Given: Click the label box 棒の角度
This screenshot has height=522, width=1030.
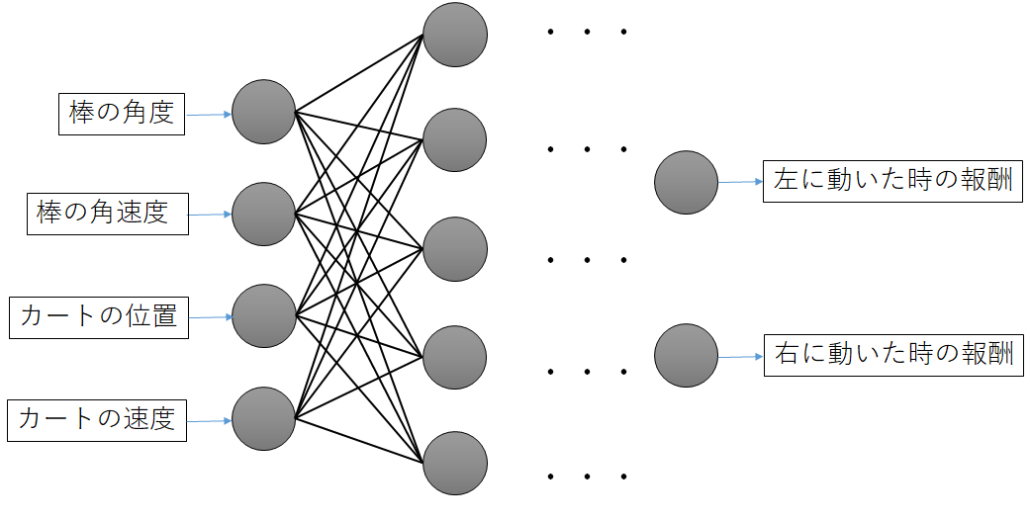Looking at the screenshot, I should pyautogui.click(x=122, y=113).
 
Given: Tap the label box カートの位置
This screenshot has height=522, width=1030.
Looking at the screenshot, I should pyautogui.click(x=98, y=317).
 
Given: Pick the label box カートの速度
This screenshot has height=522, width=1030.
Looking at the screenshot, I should pyautogui.click(x=96, y=419).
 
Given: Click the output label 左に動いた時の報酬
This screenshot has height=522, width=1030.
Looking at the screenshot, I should pyautogui.click(x=892, y=182).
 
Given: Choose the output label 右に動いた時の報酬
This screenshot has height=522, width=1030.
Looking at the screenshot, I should pyautogui.click(x=892, y=353).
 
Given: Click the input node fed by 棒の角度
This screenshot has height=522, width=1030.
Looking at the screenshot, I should pyautogui.click(x=264, y=112).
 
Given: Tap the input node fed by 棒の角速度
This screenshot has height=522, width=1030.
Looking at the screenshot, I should pyautogui.click(x=264, y=214).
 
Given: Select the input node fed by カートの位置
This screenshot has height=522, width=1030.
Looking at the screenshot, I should pyautogui.click(x=264, y=316).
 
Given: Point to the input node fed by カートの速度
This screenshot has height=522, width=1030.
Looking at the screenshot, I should pyautogui.click(x=264, y=419).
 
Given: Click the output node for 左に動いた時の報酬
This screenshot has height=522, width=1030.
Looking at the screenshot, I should pyautogui.click(x=686, y=182).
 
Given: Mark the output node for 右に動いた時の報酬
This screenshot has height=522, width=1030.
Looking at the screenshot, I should pyautogui.click(x=686, y=355).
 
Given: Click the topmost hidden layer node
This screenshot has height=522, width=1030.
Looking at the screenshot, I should pyautogui.click(x=455, y=36).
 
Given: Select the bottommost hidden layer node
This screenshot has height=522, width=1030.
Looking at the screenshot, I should pyautogui.click(x=455, y=463).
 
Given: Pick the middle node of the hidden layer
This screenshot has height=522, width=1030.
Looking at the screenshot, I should pyautogui.click(x=455, y=249).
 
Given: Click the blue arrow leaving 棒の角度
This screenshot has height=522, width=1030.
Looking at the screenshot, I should pyautogui.click(x=209, y=114).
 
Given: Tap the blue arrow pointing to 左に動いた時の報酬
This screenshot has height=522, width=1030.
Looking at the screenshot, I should pyautogui.click(x=740, y=182).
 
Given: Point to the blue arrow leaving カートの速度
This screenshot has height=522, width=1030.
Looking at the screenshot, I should pyautogui.click(x=210, y=420).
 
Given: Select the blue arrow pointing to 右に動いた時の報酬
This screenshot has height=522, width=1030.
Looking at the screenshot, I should pyautogui.click(x=740, y=355).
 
